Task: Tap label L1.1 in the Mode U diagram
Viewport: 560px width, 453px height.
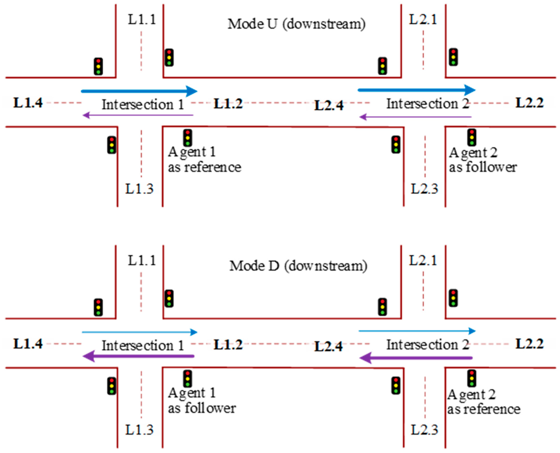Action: click(x=142, y=20)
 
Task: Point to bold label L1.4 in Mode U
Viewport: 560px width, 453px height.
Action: click(x=28, y=103)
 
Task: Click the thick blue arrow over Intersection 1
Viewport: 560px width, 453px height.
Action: click(x=139, y=91)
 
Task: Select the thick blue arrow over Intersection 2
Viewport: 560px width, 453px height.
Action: click(x=416, y=90)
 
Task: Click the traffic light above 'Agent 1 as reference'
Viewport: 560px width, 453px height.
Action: click(x=188, y=138)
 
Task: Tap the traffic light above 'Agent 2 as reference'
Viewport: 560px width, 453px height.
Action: click(x=471, y=378)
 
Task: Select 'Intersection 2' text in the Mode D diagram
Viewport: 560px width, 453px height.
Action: click(x=428, y=345)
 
